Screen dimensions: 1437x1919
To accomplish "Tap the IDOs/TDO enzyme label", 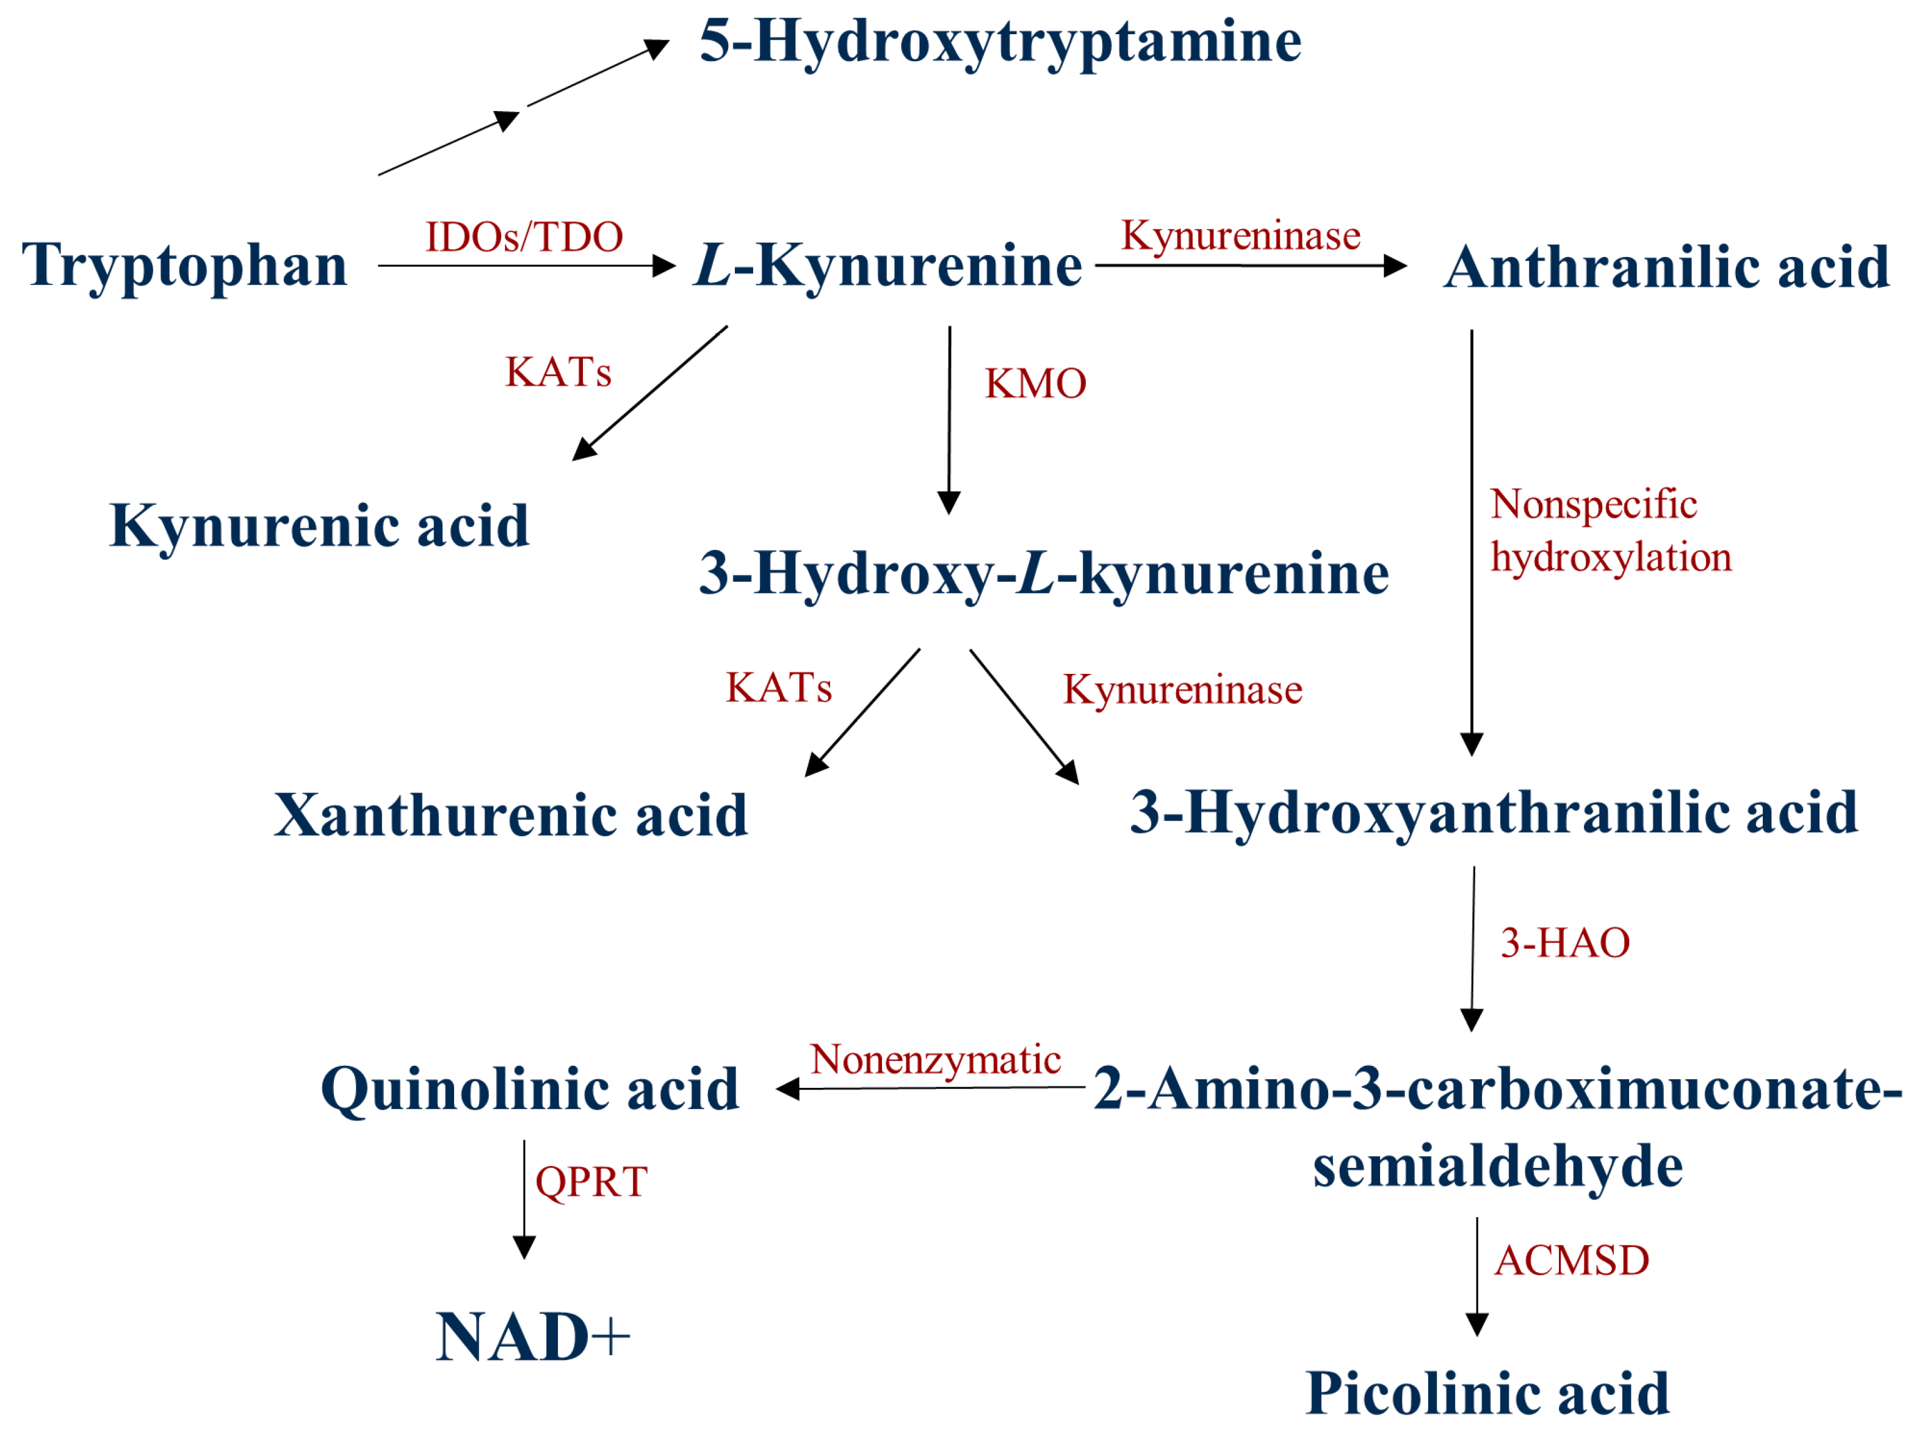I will [x=524, y=237].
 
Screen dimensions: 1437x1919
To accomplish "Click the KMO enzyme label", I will [x=1035, y=383].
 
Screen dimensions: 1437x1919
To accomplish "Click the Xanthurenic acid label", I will [x=511, y=815].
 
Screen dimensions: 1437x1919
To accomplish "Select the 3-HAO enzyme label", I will [x=1565, y=943].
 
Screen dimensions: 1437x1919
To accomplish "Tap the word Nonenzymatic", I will [x=935, y=1060].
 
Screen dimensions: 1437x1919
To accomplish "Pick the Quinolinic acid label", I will [x=529, y=1089].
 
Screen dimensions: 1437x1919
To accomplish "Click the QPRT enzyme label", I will [x=591, y=1182].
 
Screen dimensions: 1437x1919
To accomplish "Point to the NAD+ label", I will [x=532, y=1337].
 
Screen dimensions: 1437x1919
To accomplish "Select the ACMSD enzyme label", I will [x=1571, y=1261].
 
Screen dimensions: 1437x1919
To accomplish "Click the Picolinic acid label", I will [x=1487, y=1394].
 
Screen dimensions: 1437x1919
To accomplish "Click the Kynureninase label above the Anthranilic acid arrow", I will [x=1241, y=236].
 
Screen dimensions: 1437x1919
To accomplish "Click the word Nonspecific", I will [x=1593, y=504].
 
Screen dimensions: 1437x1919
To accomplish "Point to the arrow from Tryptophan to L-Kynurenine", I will [x=525, y=266].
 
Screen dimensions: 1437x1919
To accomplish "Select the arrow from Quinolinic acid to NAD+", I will [x=524, y=1198].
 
